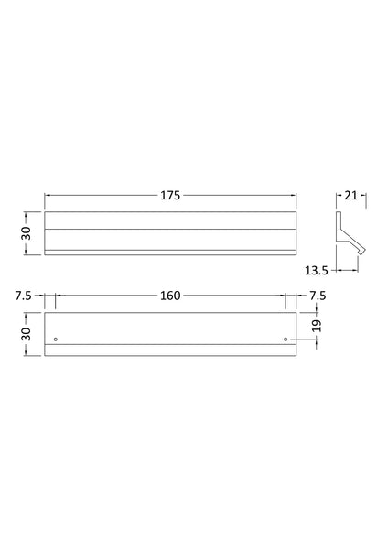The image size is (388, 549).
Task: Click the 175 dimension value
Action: pos(170,195)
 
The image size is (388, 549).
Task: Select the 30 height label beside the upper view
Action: pos(27,233)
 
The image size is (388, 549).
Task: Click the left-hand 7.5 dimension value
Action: pos(24,296)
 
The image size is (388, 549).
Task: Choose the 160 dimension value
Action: pos(170,296)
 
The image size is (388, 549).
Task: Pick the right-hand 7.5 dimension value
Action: pos(317,296)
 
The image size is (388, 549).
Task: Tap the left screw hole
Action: pos(56,339)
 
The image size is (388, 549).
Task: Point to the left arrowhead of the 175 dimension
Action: pos(48,195)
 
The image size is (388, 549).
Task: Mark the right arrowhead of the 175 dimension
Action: pos(294,195)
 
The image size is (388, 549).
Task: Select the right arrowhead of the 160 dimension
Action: pos(282,296)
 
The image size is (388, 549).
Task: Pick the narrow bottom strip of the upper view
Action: pos(170,252)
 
